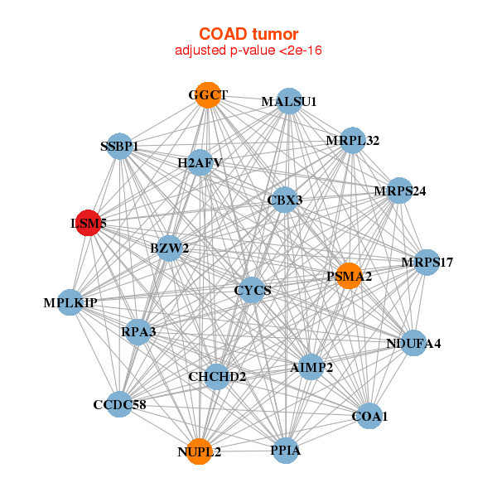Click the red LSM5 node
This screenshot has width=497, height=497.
coord(89,224)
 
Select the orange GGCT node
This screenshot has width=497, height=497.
coord(208,95)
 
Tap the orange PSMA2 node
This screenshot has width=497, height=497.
coord(349,276)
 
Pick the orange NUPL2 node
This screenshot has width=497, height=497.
coord(199,451)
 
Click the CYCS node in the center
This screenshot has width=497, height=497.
coord(253,290)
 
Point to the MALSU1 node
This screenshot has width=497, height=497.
coord(289,101)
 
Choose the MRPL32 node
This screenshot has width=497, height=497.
coord(352,140)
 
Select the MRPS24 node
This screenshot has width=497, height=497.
coord(399,191)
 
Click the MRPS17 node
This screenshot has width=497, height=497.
coord(427,263)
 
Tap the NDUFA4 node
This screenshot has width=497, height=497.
coord(413,343)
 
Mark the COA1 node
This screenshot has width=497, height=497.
coord(369,416)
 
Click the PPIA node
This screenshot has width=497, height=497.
coord(285,451)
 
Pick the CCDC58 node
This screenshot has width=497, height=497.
coord(119,404)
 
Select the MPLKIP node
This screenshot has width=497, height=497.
coord(71,302)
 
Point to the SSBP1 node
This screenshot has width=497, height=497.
coord(119,147)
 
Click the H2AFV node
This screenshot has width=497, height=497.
coord(200,162)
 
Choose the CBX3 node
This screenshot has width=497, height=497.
coord(285,200)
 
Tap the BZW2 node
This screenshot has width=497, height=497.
coord(170,248)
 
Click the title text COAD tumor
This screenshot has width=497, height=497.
coord(248,34)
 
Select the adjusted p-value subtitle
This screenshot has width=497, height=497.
coord(248,51)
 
